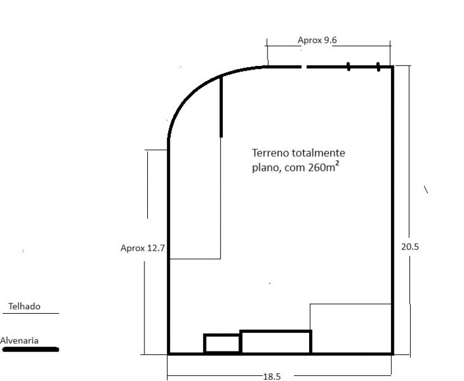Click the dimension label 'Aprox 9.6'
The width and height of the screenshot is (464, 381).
317,41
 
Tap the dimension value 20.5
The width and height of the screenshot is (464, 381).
409,246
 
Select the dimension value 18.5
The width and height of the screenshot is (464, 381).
271,376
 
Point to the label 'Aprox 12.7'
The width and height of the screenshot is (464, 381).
143,248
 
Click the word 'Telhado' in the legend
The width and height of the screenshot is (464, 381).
24,306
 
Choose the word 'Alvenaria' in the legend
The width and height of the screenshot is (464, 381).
20,340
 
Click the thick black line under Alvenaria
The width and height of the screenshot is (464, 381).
30,349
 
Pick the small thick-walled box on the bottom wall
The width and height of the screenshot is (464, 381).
222,343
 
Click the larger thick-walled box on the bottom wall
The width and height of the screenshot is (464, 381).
275,342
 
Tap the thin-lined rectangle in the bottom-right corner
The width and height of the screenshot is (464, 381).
351,328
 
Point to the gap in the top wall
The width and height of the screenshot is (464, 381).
304,67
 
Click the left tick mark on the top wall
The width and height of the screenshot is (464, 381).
349,67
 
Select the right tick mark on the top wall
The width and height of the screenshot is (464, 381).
378,67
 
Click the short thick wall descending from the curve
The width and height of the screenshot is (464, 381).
221,107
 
